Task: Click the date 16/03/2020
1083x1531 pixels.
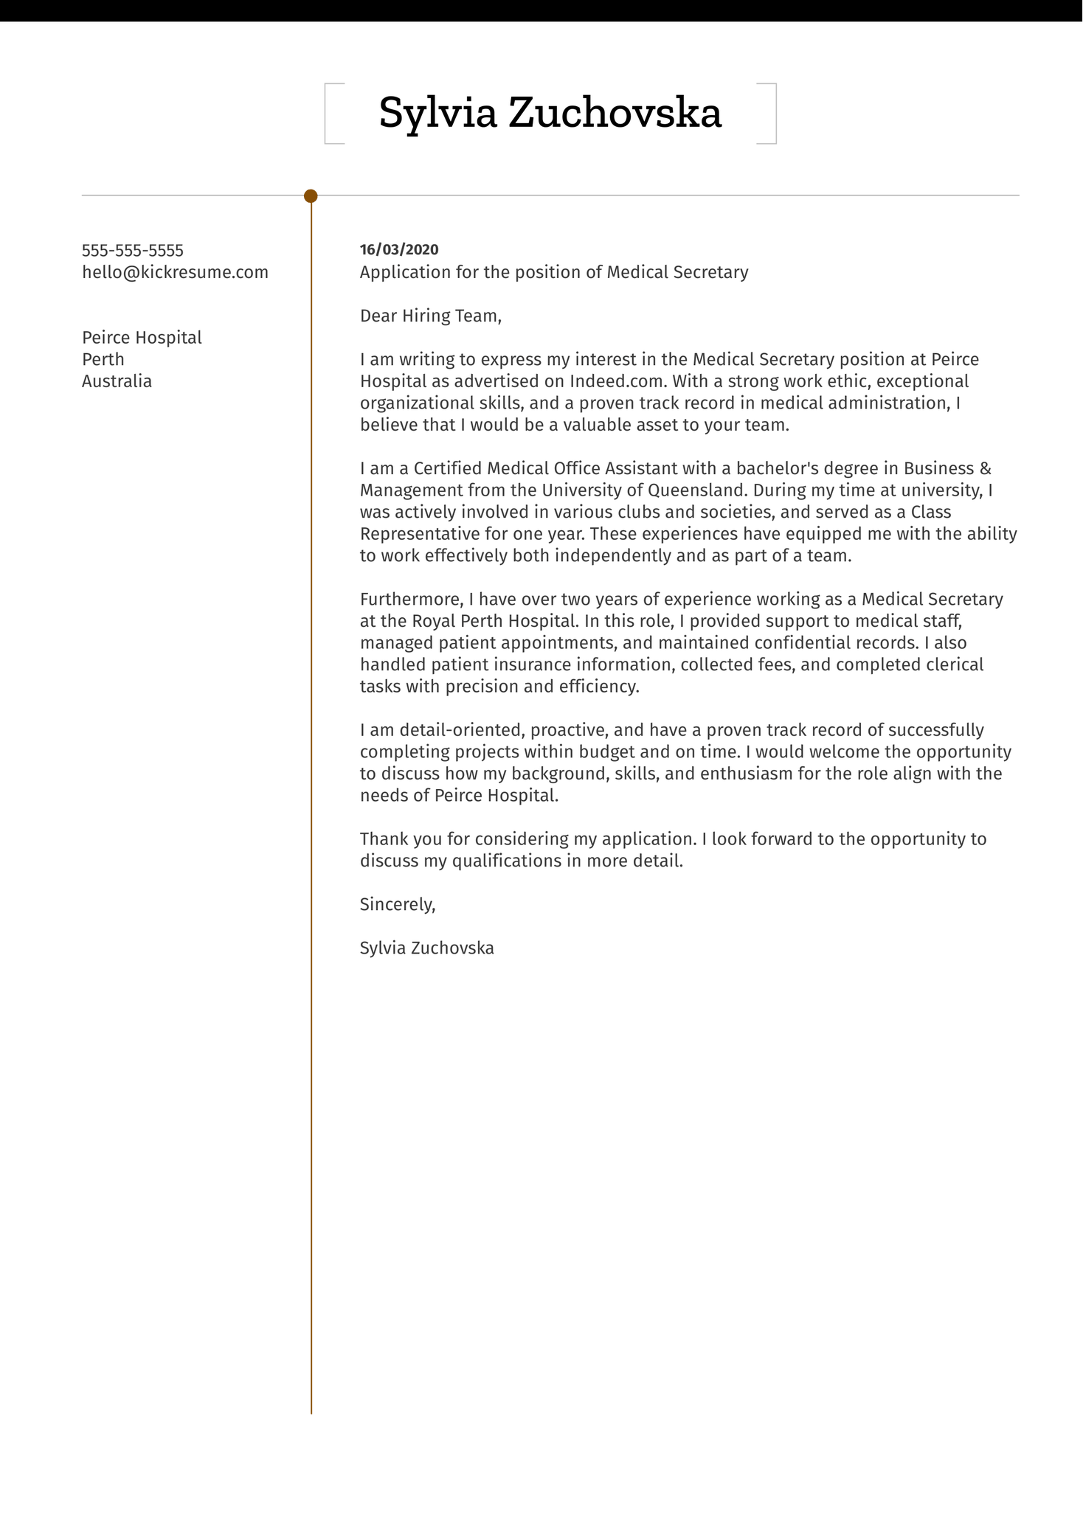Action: [398, 250]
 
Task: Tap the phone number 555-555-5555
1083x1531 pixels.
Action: [133, 251]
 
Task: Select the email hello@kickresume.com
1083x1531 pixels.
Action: [175, 273]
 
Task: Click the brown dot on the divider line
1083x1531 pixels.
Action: [311, 196]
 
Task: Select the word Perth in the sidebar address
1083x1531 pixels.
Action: [103, 360]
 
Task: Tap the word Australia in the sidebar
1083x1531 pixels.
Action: [117, 382]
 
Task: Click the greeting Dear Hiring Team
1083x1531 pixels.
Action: [430, 316]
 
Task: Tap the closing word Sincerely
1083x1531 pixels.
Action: [397, 905]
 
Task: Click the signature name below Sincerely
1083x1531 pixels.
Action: [426, 948]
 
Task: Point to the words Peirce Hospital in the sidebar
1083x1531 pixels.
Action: [142, 338]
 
